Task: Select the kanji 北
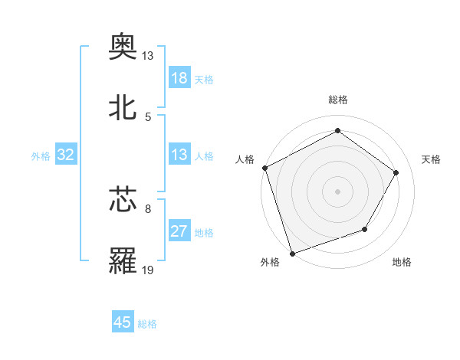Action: pos(123,108)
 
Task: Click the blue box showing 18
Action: pos(179,78)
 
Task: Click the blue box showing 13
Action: pos(179,155)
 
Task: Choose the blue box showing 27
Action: pos(179,231)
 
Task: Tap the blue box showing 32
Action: pos(66,155)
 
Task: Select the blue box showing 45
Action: pos(123,322)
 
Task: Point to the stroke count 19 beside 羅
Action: pos(148,270)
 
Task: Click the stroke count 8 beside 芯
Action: pos(148,208)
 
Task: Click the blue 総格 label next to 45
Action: pos(147,324)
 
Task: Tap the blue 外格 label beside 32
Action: pos(41,156)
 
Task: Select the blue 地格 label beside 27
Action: pos(204,233)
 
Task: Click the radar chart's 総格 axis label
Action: pos(337,100)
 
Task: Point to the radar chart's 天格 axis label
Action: pos(432,159)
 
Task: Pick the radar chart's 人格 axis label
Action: pos(245,159)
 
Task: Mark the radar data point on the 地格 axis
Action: pos(365,229)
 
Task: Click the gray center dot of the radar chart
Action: pos(337,191)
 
